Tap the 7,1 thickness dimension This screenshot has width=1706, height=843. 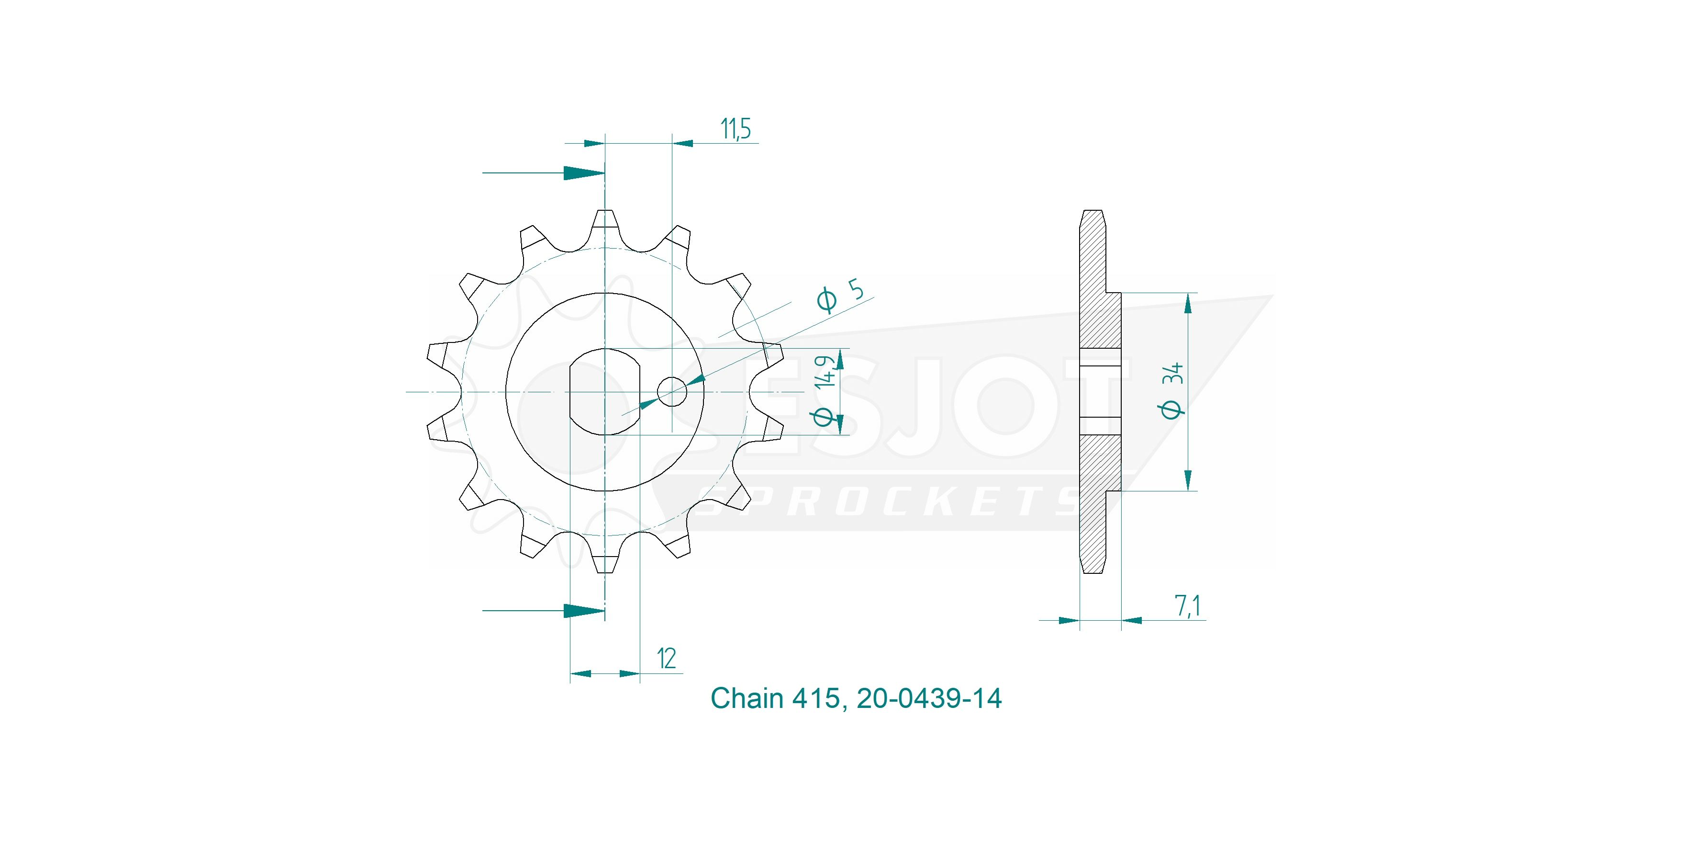point(1188,606)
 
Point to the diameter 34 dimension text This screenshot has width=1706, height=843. point(1171,391)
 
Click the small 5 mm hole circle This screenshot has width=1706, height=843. point(671,392)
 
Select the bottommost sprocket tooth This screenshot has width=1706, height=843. point(605,555)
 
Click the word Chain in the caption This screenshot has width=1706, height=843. point(747,698)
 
